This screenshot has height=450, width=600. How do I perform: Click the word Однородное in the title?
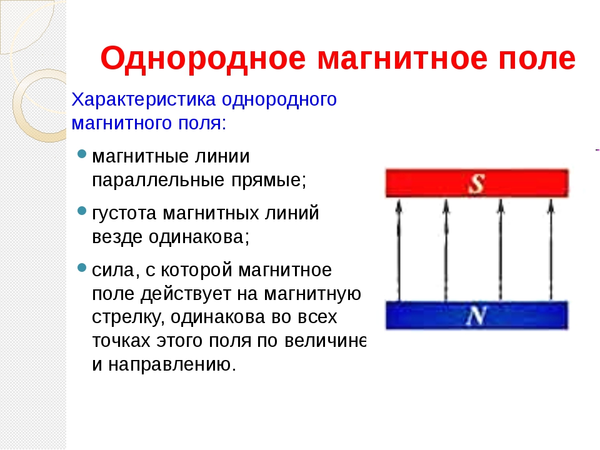tap(203, 59)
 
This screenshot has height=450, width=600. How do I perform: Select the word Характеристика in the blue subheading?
tap(144, 100)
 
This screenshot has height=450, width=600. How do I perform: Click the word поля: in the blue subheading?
tap(202, 124)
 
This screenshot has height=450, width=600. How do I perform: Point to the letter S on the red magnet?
tap(476, 184)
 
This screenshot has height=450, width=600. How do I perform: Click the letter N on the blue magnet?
tap(476, 316)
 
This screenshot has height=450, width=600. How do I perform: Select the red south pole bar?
tap(477, 183)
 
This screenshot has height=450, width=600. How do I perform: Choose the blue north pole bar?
tap(477, 315)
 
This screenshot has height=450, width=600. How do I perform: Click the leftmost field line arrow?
tap(399, 250)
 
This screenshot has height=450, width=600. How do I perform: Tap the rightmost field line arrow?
tap(551, 250)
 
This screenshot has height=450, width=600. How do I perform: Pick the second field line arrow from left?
tap(446, 250)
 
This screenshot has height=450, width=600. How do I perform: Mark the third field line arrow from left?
tap(501, 250)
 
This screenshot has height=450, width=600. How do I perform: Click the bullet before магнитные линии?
tap(82, 154)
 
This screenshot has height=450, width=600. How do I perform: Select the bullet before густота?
tap(82, 211)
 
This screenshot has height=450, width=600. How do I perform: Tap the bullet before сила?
tap(82, 267)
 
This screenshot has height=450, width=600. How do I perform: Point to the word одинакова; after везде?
tap(199, 237)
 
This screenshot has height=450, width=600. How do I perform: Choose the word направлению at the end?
tap(172, 365)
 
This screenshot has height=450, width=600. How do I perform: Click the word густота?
tap(124, 214)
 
